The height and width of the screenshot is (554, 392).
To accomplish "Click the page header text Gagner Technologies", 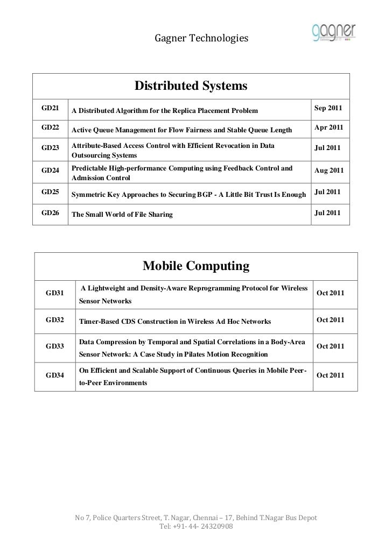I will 201,38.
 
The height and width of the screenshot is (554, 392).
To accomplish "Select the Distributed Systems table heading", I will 191,86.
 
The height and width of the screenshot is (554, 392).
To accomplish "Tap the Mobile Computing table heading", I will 195,266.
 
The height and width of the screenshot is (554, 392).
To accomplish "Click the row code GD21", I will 50,109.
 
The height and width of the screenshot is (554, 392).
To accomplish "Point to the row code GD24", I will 50,171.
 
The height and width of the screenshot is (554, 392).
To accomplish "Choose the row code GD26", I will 50,212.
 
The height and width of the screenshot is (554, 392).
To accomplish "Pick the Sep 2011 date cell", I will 327,109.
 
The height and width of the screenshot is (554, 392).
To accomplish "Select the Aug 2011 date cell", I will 328,171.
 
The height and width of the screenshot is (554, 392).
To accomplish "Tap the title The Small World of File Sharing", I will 122,215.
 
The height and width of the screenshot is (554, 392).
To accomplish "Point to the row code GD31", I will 55,293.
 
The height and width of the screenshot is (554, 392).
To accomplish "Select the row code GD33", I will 55,346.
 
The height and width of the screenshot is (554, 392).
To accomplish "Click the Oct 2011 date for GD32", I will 331,320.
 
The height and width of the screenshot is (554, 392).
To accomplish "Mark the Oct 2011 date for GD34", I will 331,375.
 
